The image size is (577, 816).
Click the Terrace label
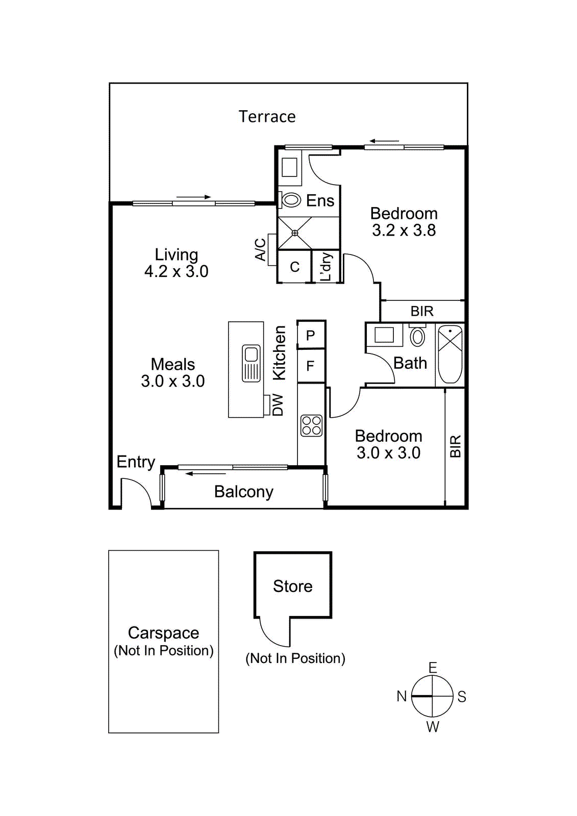click(x=267, y=117)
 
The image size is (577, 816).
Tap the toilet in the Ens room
click(x=291, y=200)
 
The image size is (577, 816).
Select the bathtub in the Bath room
click(x=450, y=354)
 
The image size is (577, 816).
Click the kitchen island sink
click(x=251, y=363)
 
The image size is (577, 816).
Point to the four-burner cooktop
click(x=311, y=425)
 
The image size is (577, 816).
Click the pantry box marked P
click(x=311, y=336)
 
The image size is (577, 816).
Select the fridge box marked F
click(x=310, y=366)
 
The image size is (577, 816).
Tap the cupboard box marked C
click(x=294, y=267)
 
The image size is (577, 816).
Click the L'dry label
click(x=325, y=267)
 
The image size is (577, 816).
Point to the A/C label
click(x=260, y=249)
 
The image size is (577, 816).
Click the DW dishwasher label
click(x=278, y=405)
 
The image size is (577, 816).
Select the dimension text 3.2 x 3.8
click(x=404, y=231)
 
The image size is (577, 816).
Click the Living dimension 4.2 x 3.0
click(x=176, y=271)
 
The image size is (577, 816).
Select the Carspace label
click(x=163, y=632)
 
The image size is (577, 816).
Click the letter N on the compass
click(x=402, y=696)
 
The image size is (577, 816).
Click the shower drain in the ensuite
click(x=294, y=233)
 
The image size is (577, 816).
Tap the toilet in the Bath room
click(x=417, y=337)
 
